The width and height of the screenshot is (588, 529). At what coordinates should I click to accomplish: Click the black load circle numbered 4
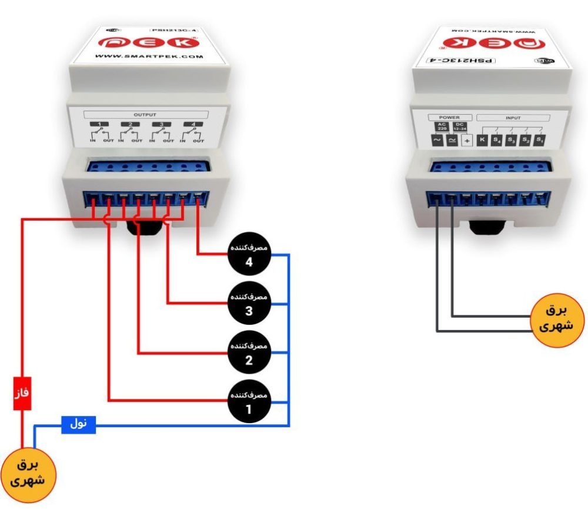coord(249,255)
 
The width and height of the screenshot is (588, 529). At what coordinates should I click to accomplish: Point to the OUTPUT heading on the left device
coord(145,115)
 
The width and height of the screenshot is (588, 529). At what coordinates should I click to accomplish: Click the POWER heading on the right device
coord(449,117)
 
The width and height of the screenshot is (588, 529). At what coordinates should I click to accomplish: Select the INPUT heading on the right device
coord(513,117)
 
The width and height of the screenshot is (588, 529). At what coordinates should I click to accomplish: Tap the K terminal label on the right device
coord(482,140)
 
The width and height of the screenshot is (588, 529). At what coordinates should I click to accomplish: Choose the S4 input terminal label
coord(497,140)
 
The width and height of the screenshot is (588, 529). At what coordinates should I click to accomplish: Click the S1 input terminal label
coord(540,140)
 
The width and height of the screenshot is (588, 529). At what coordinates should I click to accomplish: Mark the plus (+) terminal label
coord(467,141)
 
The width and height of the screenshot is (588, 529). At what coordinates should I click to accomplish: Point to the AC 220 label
coord(441,127)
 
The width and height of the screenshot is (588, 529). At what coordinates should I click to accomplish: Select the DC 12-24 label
coord(459,127)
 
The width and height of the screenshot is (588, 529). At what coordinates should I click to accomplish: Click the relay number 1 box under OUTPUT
coord(101,124)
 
